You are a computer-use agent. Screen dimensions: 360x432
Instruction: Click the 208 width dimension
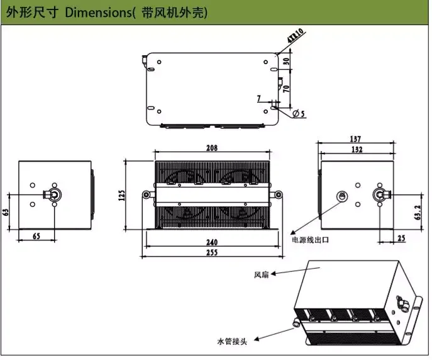[211, 149]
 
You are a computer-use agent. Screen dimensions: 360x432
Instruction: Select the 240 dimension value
[212, 242]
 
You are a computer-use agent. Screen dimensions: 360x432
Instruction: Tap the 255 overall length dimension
[212, 252]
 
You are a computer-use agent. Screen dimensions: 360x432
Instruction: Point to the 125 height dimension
[121, 196]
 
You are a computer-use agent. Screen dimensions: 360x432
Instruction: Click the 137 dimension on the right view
[357, 139]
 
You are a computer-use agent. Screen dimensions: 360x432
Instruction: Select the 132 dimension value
[357, 150]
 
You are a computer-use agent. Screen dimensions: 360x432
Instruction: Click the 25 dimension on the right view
[401, 237]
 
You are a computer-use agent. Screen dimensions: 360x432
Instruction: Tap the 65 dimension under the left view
[36, 236]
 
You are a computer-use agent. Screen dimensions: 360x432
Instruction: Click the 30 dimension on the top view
[287, 62]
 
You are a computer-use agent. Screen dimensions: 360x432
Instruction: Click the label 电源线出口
[309, 240]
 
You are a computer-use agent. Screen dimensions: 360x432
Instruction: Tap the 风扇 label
[261, 275]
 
